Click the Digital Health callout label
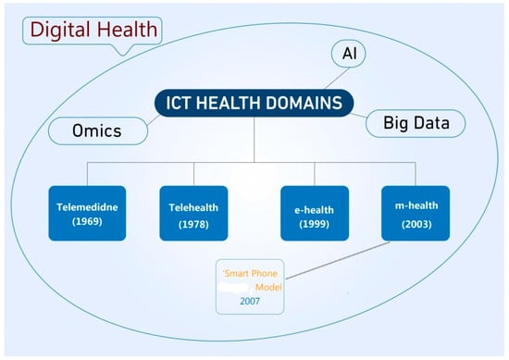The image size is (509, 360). click(93, 31)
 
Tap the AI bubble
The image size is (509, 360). click(349, 54)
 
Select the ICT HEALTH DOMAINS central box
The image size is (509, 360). click(254, 103)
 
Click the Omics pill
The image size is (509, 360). click(98, 130)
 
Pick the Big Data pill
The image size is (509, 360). click(416, 123)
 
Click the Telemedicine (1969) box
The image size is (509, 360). click(87, 213)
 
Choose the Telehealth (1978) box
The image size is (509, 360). click(193, 213)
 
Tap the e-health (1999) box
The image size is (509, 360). click(315, 213)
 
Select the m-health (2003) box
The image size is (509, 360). click(416, 213)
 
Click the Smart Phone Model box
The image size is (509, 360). click(250, 287)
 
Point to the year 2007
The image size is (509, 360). click(250, 302)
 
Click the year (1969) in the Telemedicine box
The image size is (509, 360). click(87, 222)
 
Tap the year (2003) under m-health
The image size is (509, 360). click(416, 225)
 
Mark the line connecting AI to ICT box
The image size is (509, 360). click(337, 79)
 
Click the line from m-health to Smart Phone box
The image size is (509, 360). click(338, 260)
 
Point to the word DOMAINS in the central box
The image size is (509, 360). click(304, 103)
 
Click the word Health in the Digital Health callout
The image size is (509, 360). click(128, 30)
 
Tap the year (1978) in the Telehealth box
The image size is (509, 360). click(193, 225)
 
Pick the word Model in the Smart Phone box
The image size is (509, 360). click(268, 287)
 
